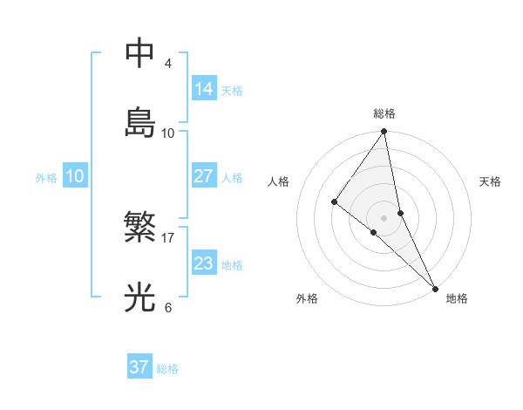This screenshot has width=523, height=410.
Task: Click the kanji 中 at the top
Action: point(140,53)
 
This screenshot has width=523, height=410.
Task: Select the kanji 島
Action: point(140,122)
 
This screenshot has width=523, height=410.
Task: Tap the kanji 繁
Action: point(140,229)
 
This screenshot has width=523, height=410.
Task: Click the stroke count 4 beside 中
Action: point(168,64)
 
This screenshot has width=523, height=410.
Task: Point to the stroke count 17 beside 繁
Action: point(168,238)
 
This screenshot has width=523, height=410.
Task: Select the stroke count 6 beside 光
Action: point(168,307)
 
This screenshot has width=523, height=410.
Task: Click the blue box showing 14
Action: point(204,89)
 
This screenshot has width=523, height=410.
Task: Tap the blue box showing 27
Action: point(204,176)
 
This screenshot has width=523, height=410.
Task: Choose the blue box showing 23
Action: point(204,263)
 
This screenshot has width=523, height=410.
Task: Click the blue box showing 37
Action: point(139,367)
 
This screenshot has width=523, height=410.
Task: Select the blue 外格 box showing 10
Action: point(75,176)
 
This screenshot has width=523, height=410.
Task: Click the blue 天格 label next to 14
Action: point(232,91)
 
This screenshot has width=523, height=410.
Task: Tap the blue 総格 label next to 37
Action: point(167,369)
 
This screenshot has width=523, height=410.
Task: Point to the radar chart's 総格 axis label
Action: point(384,113)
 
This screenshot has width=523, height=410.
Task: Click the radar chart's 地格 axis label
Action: point(457,299)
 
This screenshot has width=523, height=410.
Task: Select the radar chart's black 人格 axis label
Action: point(279,181)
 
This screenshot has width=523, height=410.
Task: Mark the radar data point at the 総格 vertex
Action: point(384,132)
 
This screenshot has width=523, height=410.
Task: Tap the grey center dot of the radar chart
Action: point(384,216)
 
